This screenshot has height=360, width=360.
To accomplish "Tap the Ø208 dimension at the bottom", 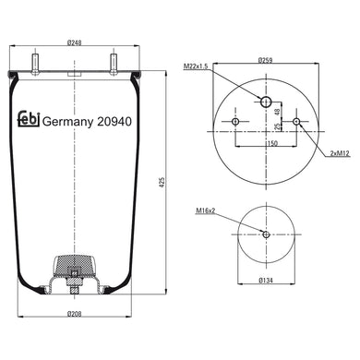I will click(x=74, y=316).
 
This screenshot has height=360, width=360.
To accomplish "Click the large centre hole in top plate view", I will click(x=266, y=102).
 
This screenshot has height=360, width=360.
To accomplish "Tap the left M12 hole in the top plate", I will click(x=235, y=122).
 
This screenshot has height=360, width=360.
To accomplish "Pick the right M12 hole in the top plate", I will click(x=296, y=122).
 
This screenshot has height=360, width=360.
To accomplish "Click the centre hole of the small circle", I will click(x=266, y=234).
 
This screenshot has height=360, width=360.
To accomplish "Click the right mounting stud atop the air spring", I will click(x=114, y=66).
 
